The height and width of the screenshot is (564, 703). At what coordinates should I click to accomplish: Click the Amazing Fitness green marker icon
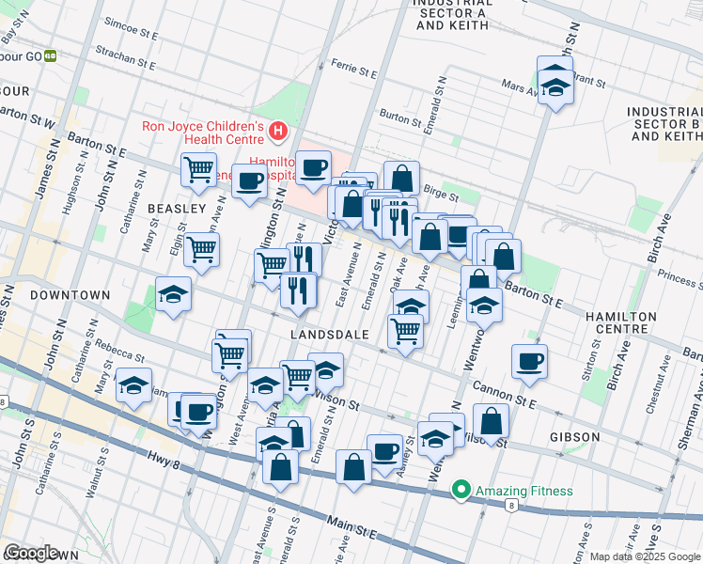pos(461,490)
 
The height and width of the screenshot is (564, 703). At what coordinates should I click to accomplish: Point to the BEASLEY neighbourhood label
pos(176,208)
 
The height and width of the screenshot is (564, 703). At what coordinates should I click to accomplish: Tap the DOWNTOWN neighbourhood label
pos(70,295)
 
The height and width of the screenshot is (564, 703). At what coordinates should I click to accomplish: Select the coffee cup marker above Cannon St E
pos(530,362)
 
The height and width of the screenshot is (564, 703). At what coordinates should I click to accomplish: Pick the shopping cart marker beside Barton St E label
pos(198,170)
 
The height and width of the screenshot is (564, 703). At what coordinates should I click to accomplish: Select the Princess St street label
pos(680,277)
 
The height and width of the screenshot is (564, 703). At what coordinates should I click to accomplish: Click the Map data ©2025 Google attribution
pos(645,556)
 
